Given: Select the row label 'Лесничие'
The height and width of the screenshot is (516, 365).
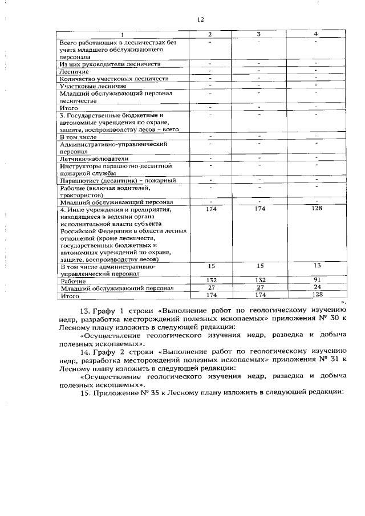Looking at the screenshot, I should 74,71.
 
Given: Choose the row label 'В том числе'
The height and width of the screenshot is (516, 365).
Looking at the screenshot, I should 78,137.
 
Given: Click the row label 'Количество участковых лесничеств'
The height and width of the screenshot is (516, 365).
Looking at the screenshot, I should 114,78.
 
